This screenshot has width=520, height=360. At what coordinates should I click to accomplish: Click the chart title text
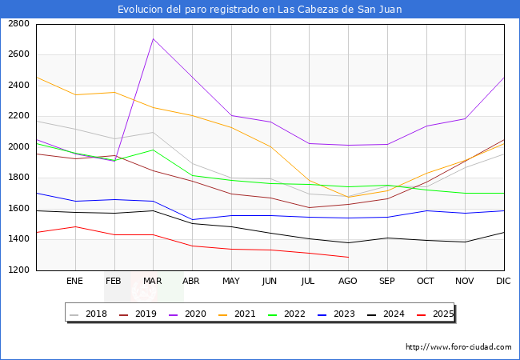pyautogui.click(x=259, y=10)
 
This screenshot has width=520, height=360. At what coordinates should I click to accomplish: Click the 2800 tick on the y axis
pyautogui.click(x=19, y=24)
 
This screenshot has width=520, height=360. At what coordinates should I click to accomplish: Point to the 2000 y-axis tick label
pyautogui.click(x=19, y=147)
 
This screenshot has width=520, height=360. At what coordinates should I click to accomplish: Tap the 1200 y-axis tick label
pyautogui.click(x=19, y=270)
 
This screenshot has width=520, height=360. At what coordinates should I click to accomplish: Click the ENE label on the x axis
pyautogui.click(x=74, y=282)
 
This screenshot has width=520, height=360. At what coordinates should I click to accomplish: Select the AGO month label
pyautogui.click(x=347, y=282)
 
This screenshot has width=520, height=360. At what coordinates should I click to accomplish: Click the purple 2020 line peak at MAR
pyautogui.click(x=153, y=39)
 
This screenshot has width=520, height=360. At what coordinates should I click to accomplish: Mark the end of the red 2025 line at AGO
pyautogui.click(x=348, y=257)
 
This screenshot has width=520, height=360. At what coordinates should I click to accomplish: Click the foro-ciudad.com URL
pyautogui.click(x=458, y=347)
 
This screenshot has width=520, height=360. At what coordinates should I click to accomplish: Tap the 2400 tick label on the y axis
pyautogui.click(x=19, y=86)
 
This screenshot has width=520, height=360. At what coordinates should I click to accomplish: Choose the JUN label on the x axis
pyautogui.click(x=270, y=282)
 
